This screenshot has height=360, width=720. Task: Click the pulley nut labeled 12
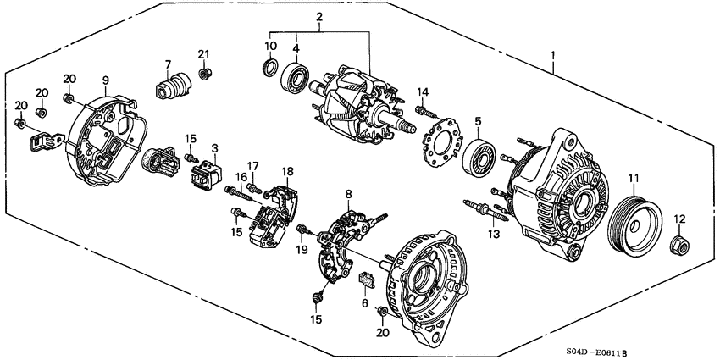[x=678, y=246]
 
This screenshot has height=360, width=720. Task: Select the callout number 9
[x=106, y=80]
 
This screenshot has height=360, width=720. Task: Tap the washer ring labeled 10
[x=270, y=68]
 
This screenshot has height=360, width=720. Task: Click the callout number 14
[x=423, y=91]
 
